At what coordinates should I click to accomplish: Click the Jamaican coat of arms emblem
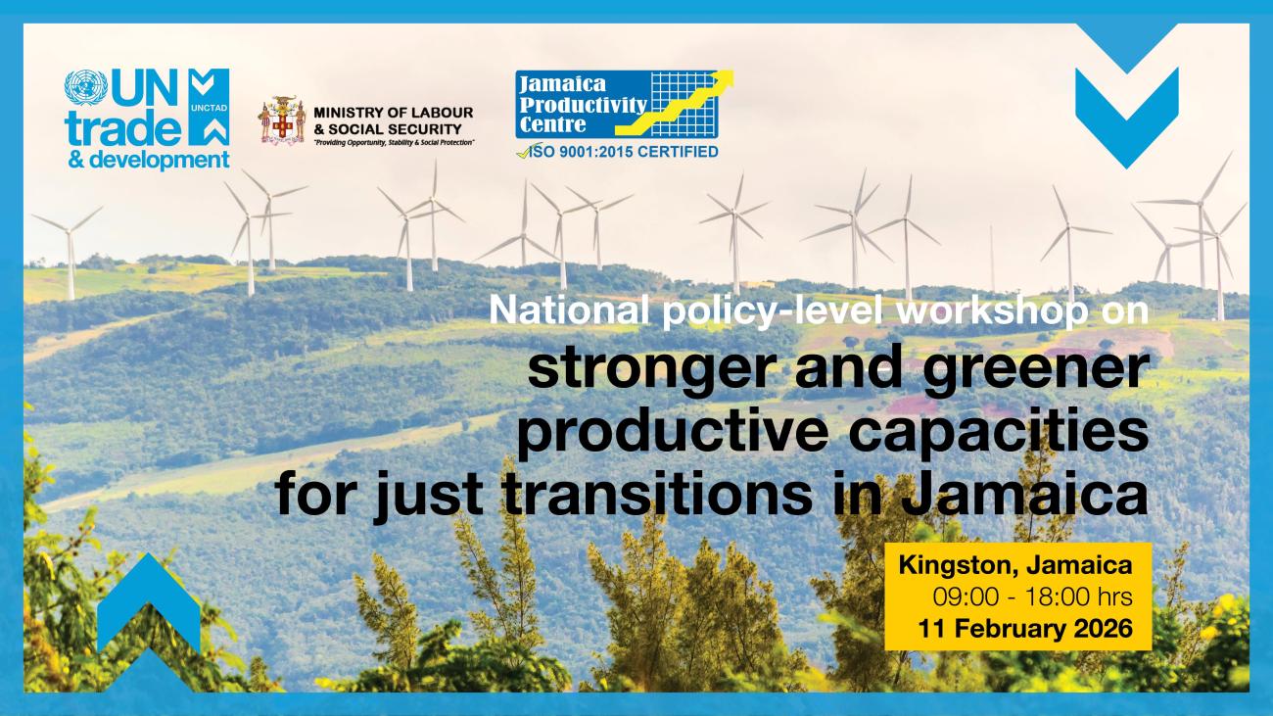[281, 120]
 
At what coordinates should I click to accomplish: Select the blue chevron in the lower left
[148, 607]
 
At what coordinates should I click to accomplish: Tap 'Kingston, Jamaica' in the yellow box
[1015, 566]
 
